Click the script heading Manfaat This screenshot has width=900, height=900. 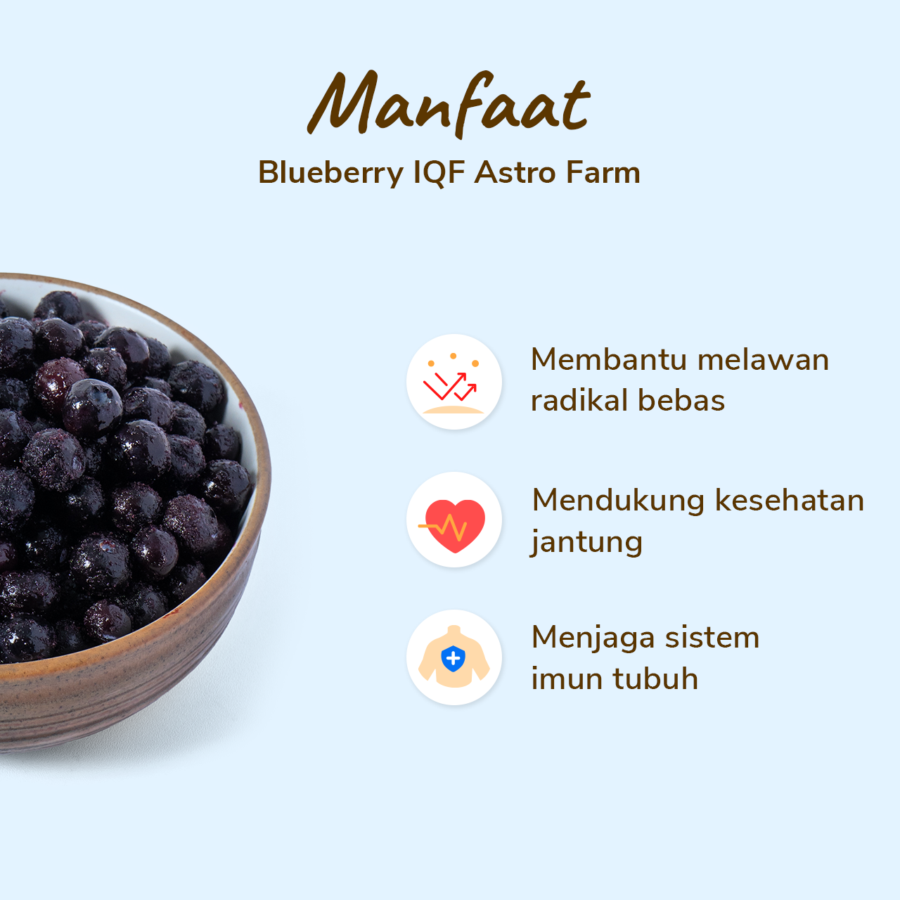point(448,103)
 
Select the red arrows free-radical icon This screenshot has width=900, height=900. point(452,383)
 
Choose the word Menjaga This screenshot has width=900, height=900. point(592,638)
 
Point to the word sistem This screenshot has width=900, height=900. point(714,638)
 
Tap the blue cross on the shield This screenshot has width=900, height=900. point(453,658)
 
